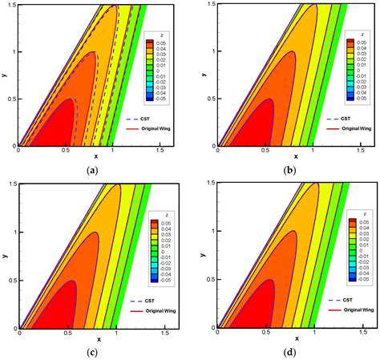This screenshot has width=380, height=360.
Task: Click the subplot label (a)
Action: tap(86, 170)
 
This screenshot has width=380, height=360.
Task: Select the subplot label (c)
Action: tap(86, 351)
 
